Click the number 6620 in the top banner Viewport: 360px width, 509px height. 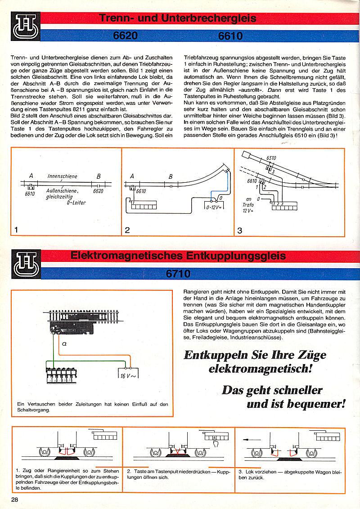click(126, 36)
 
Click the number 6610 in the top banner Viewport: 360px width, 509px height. click(230, 36)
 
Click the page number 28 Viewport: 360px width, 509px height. click(15, 500)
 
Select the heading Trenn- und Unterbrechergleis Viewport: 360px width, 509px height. click(177, 18)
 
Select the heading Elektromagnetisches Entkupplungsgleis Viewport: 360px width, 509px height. click(178, 256)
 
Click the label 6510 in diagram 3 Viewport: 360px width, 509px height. click(271, 158)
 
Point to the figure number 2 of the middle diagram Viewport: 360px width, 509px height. click(127, 230)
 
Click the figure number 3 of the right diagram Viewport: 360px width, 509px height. click(240, 230)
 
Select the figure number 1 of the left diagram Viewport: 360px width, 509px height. click(16, 230)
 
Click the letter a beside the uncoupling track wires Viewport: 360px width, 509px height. click(65, 344)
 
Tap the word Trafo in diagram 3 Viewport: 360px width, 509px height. click(248, 205)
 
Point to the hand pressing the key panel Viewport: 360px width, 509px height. click(217, 445)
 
